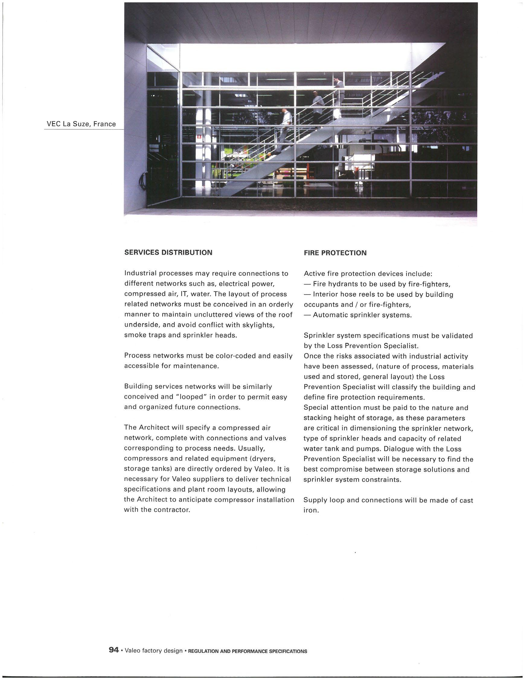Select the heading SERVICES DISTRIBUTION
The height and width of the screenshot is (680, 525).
click(x=168, y=253)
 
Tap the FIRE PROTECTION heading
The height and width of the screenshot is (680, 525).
click(x=335, y=253)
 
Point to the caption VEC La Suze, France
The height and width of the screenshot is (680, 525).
click(x=81, y=124)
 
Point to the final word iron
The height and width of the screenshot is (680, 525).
click(x=311, y=511)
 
